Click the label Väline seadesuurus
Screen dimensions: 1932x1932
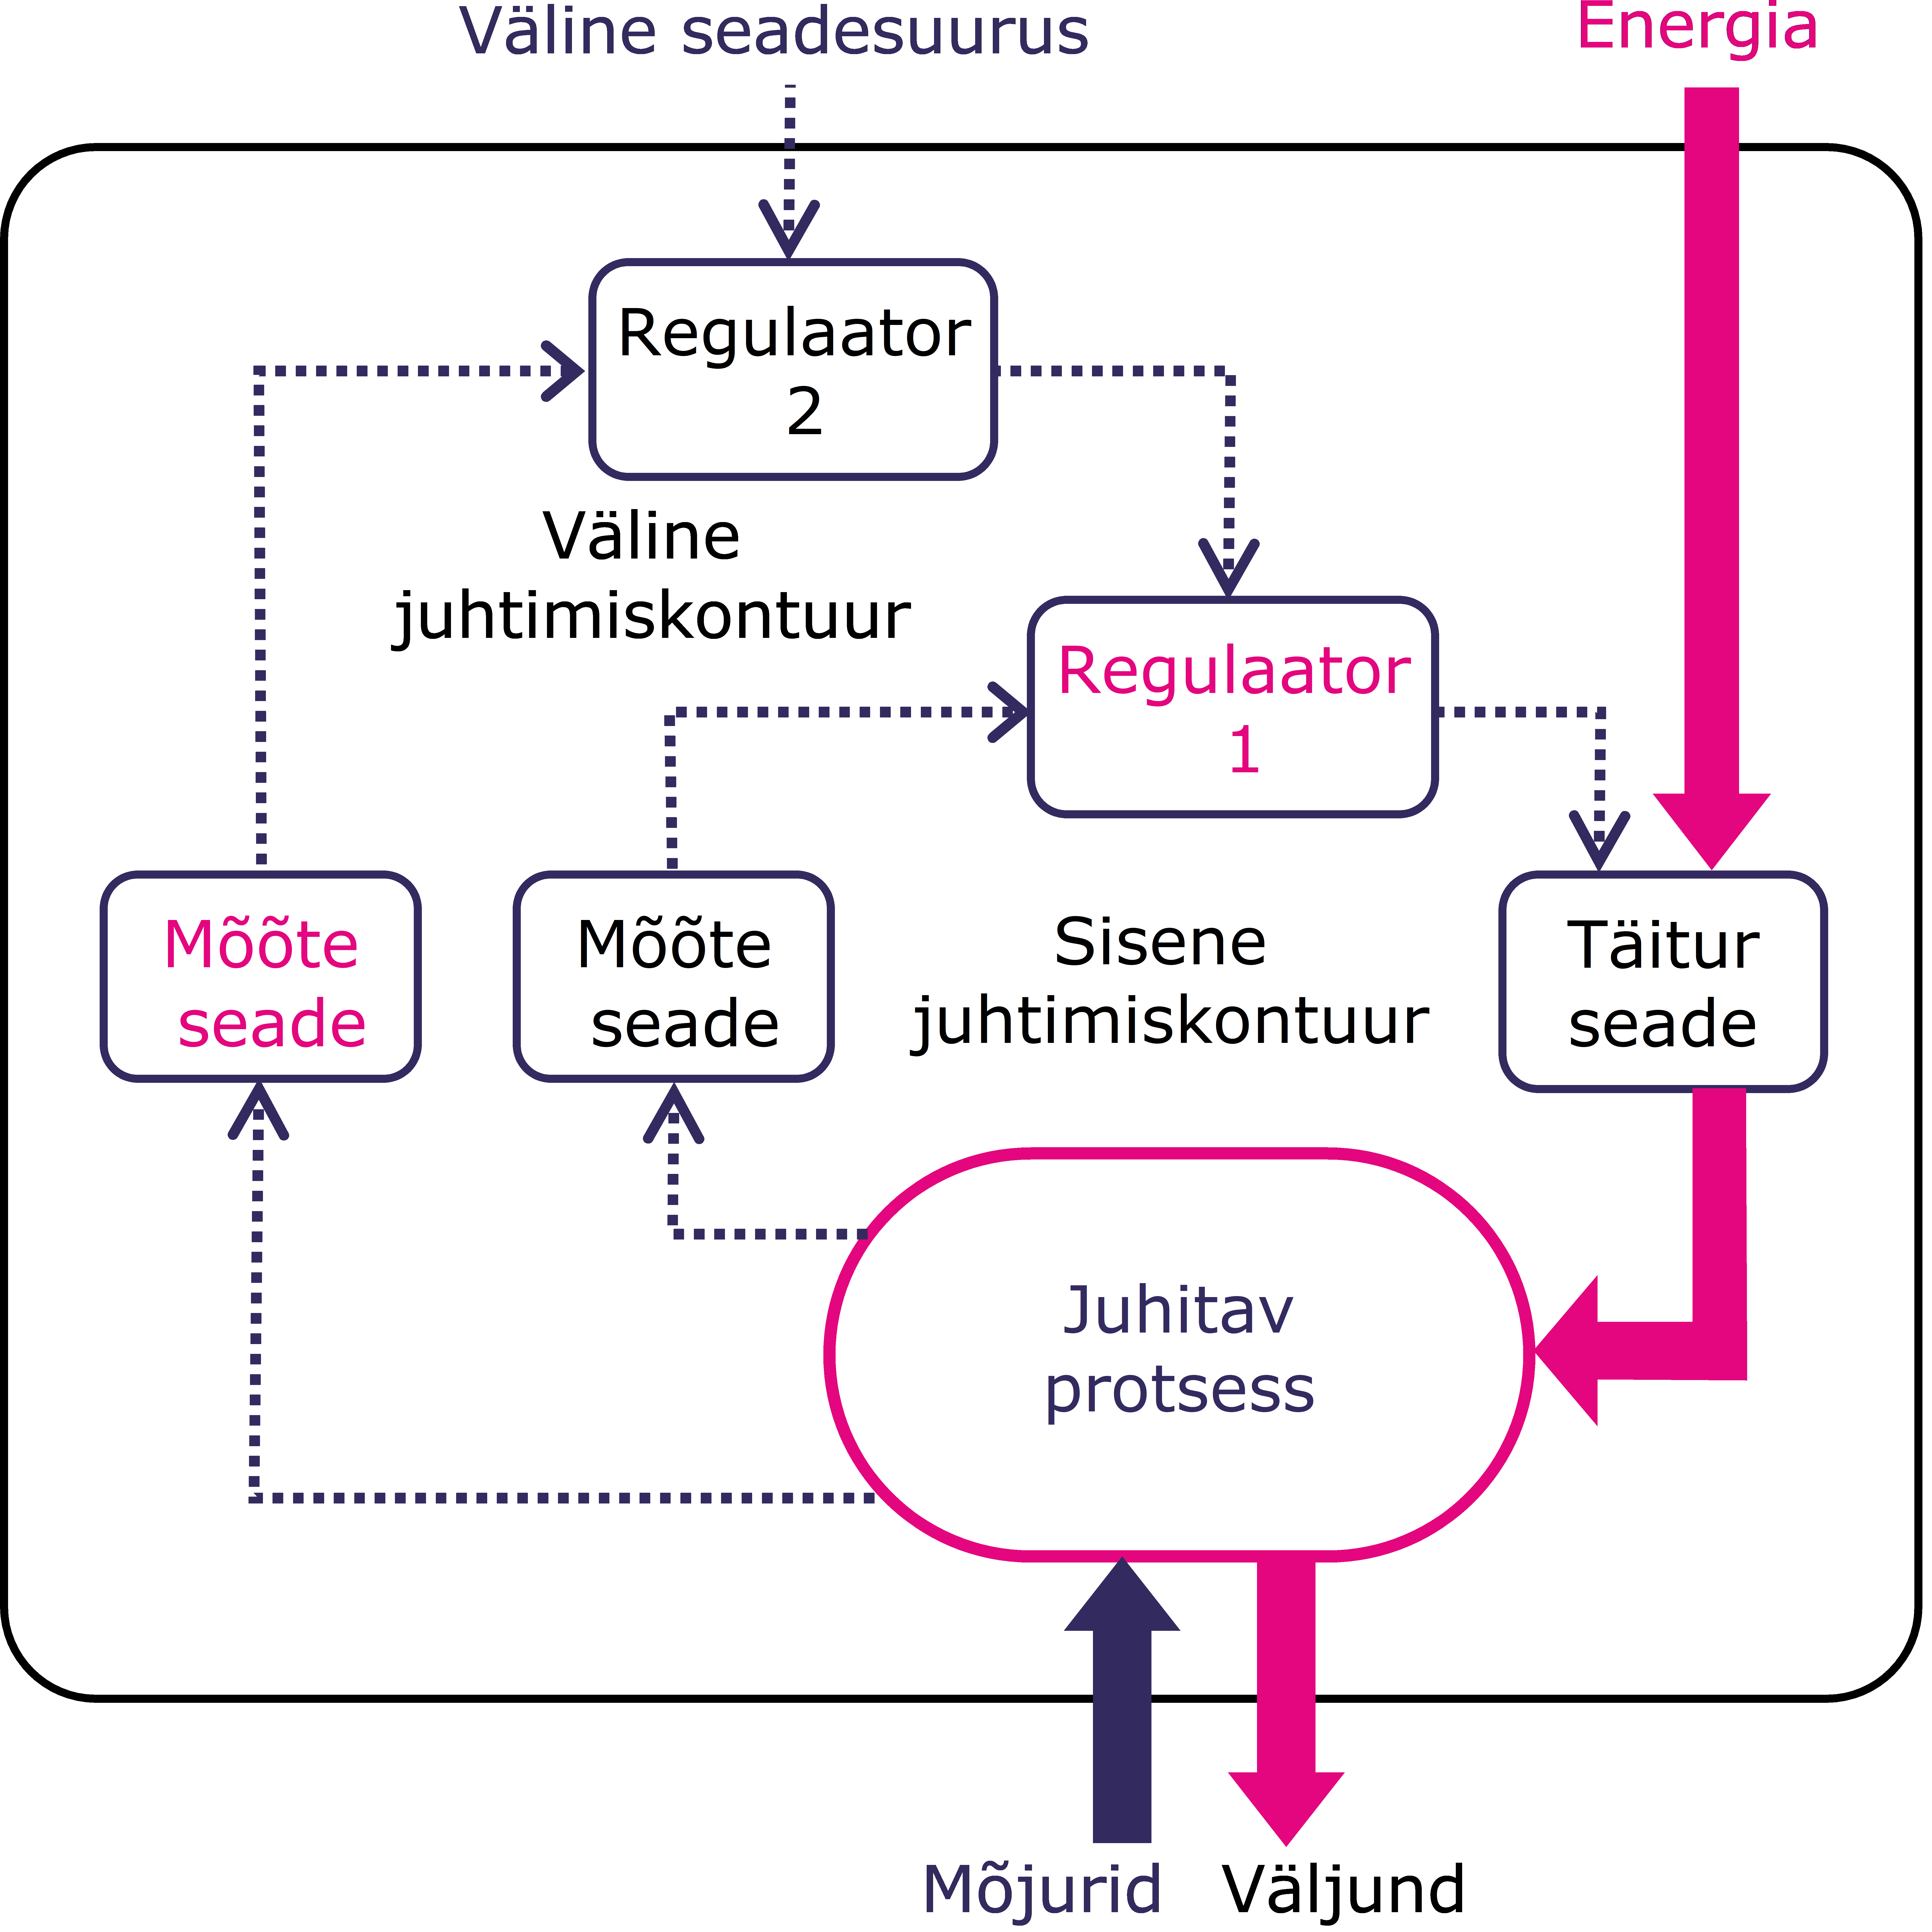coord(773,32)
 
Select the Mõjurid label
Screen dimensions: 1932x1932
coord(1041,1888)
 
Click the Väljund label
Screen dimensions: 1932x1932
coord(1343,1888)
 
